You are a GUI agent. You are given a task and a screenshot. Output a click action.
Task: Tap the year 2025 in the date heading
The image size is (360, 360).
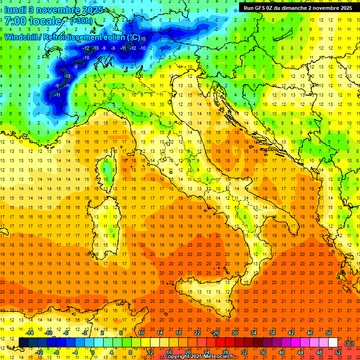pyautogui.click(x=92, y=9)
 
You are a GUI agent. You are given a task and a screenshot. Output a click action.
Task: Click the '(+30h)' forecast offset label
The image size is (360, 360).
pyautogui.click(x=81, y=21)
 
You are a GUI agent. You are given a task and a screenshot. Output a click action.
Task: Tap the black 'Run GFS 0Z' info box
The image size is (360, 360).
pyautogui.click(x=298, y=8)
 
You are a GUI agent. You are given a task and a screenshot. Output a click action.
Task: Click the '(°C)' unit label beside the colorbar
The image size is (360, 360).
pyautogui.click(x=349, y=343)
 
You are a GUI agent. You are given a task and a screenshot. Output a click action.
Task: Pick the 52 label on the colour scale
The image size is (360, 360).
pyautogui.click(x=337, y=352)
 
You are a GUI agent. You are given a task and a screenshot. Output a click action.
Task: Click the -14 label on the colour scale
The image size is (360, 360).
pyautogui.click(x=30, y=333)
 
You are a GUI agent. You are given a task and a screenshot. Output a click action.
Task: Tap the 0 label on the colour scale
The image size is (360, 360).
pyautogui.click(x=93, y=352)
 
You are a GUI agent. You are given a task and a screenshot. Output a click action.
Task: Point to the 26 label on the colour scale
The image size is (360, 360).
pyautogui.click(x=216, y=333)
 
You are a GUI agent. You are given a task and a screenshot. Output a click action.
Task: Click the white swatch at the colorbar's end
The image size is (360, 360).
pyautogui.click(x=333, y=342)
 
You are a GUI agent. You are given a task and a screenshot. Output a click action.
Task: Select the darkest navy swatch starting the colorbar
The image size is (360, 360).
pyautogui.click(x=23, y=342)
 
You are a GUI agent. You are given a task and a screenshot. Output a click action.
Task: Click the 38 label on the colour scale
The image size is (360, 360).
pyautogui.click(x=272, y=333)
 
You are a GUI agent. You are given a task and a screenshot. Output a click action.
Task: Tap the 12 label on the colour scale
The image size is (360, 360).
pyautogui.click(x=150, y=352)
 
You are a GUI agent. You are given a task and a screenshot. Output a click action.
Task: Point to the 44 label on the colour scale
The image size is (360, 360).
pyautogui.click(x=300, y=352)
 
